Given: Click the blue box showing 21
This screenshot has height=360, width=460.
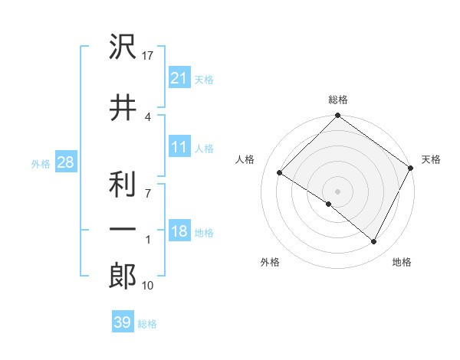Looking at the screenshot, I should pyautogui.click(x=179, y=77).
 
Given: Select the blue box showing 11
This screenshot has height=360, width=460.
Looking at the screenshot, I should pyautogui.click(x=179, y=147).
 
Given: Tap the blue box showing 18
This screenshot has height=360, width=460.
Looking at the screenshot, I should pyautogui.click(x=179, y=231).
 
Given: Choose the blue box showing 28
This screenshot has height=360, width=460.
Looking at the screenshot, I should pyautogui.click(x=65, y=162).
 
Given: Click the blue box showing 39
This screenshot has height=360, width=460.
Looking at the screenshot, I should pyautogui.click(x=123, y=322).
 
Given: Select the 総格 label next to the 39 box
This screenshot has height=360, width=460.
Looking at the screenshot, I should pyautogui.click(x=147, y=324).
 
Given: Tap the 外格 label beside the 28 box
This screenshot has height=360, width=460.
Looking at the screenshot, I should pyautogui.click(x=41, y=163).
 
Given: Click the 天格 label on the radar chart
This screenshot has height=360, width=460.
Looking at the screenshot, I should pyautogui.click(x=431, y=159).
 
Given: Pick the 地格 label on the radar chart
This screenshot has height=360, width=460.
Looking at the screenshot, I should pyautogui.click(x=402, y=262).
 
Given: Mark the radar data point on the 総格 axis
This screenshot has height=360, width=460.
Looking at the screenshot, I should pyautogui.click(x=337, y=116).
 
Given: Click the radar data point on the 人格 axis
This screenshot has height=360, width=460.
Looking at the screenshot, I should pyautogui.click(x=280, y=173).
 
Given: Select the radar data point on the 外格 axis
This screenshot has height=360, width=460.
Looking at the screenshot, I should pyautogui.click(x=329, y=204).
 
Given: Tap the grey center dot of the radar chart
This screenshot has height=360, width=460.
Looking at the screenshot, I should pyautogui.click(x=337, y=191).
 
